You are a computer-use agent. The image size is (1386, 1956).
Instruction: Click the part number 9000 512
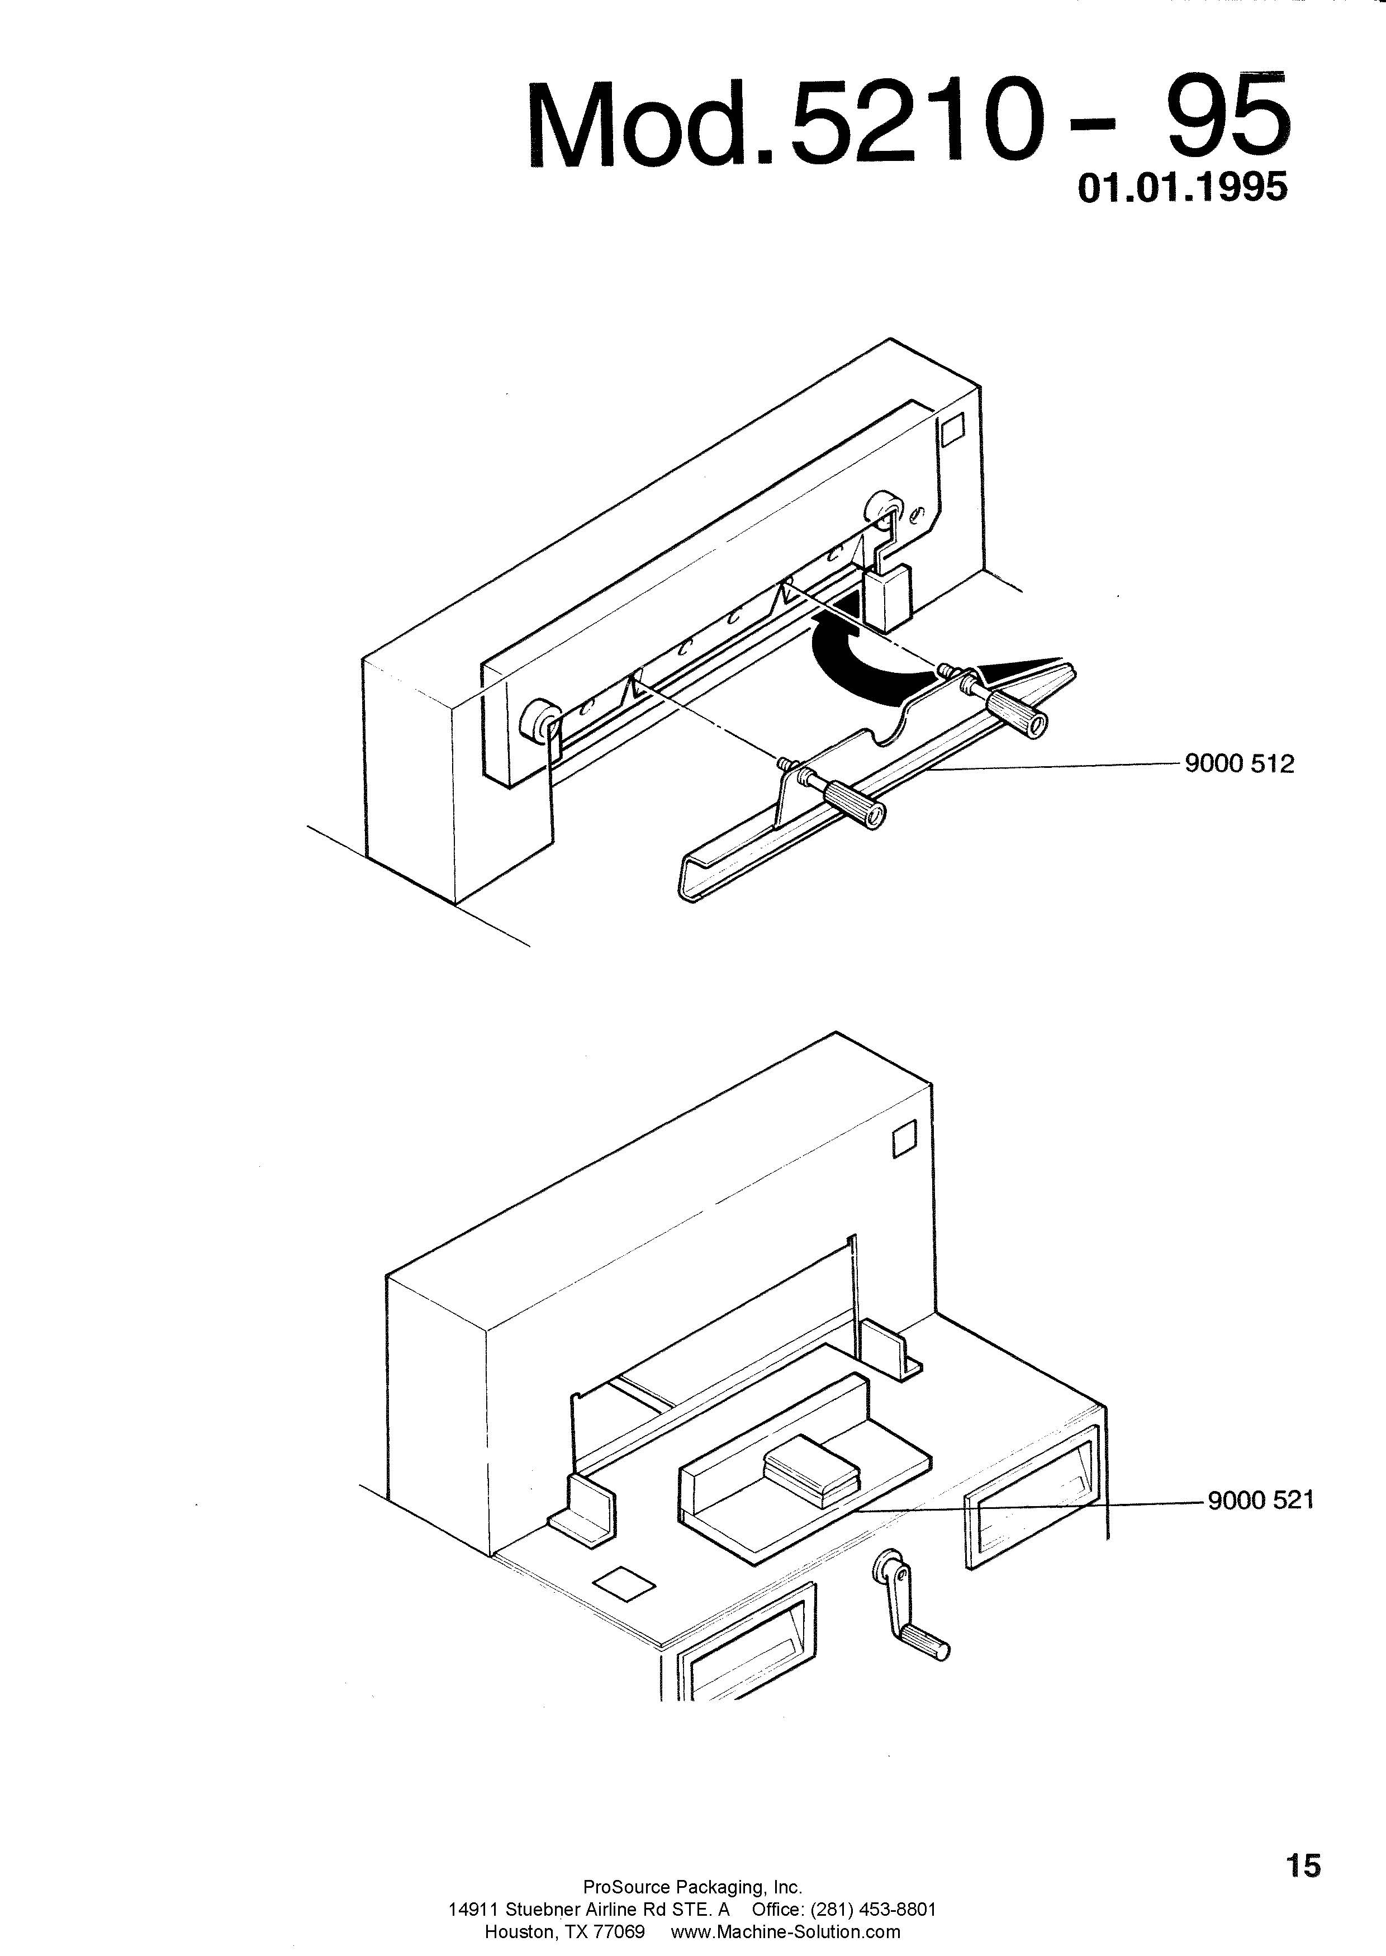[1239, 764]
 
